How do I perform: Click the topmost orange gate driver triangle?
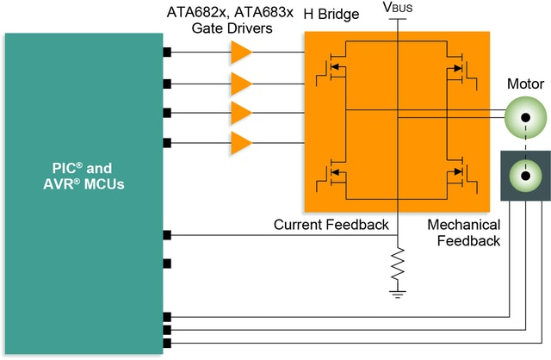241,53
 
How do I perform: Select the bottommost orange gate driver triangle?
241,141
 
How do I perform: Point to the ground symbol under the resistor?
398,295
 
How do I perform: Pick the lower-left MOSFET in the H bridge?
331,176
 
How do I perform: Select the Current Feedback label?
331,225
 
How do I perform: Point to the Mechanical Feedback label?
464,233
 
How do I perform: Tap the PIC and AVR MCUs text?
83,175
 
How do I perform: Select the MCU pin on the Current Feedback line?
167,235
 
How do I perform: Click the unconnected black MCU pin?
167,263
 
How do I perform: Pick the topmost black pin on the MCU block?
167,53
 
